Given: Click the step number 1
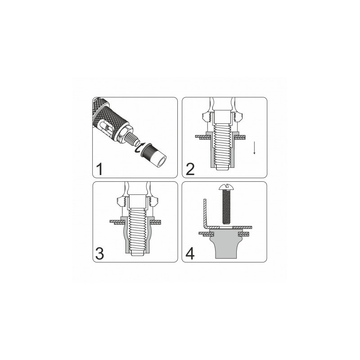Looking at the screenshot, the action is [x=99, y=169].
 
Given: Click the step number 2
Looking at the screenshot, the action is [x=190, y=169].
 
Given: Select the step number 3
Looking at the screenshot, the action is [x=99, y=253].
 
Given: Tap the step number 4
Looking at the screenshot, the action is [x=190, y=253].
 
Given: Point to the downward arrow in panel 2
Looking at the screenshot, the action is [x=254, y=148].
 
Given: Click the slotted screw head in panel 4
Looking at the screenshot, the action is [x=226, y=187].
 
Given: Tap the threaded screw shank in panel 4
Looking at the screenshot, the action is [x=226, y=207].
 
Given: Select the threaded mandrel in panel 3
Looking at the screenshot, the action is [x=137, y=232].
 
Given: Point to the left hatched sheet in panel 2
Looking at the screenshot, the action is [x=203, y=137].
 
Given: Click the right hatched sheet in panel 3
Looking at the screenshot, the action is [x=156, y=222].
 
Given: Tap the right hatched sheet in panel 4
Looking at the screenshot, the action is [x=244, y=234].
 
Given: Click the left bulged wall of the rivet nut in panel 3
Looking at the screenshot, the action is [x=124, y=237].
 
